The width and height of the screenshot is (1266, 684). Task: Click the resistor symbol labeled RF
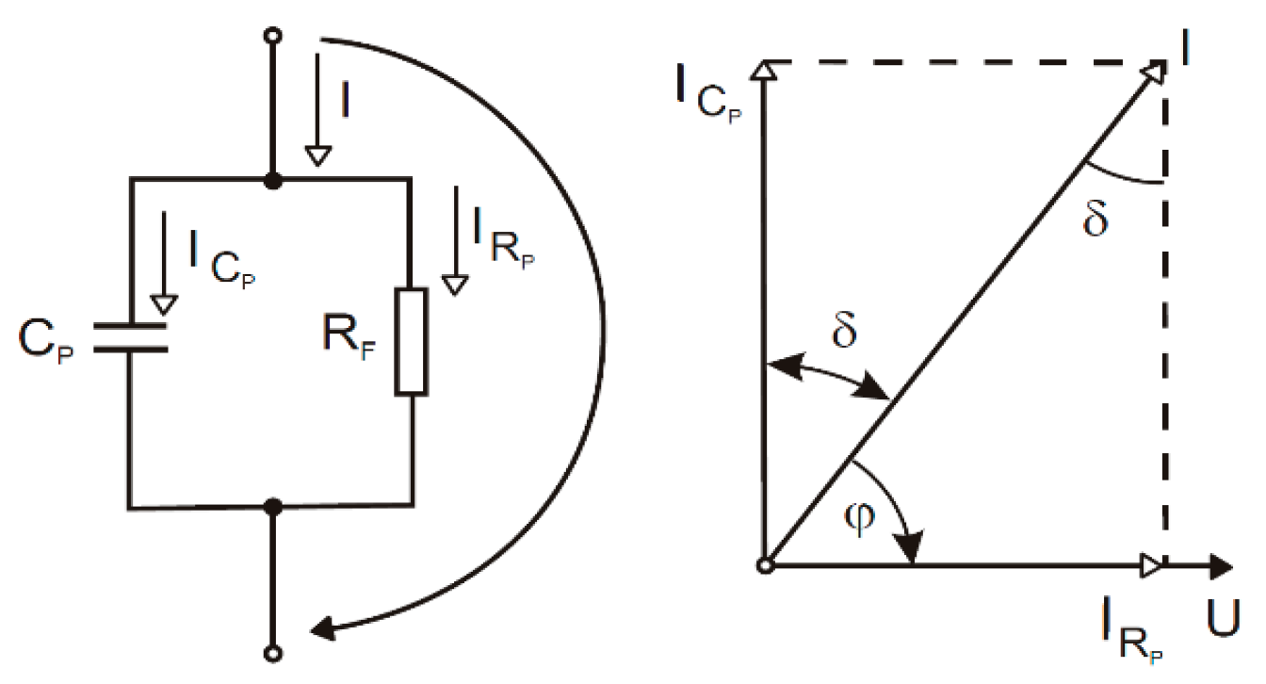[x=412, y=340]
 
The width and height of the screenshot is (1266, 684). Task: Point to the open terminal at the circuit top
[x=273, y=37]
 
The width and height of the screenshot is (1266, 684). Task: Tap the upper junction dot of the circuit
[x=273, y=179]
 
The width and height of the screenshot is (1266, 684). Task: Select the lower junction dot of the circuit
[x=273, y=507]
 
